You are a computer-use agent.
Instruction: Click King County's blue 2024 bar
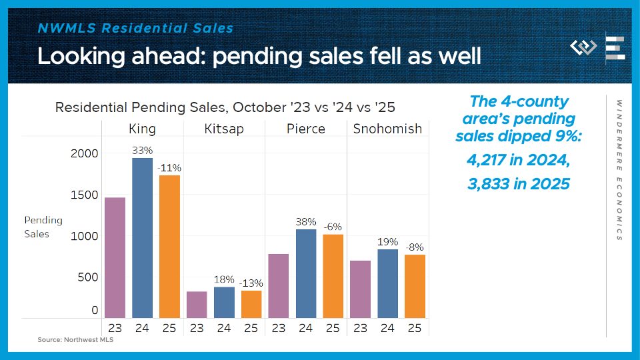142,237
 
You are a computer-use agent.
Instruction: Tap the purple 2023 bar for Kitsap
197,304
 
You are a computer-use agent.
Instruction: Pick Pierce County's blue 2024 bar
306,273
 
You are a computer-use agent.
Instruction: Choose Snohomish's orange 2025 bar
415,286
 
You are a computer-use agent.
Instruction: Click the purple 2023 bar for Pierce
279,285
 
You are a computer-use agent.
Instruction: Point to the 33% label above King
142,150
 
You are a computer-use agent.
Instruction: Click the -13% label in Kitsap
251,283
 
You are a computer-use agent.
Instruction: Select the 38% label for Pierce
306,221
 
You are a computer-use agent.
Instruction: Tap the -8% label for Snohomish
415,247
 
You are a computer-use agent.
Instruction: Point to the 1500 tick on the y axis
85,195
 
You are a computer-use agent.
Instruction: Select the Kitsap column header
224,129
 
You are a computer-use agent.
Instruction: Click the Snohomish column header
387,129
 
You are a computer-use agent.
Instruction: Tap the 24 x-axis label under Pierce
306,327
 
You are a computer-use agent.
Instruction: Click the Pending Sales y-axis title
43,227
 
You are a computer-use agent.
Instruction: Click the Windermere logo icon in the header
584,48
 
